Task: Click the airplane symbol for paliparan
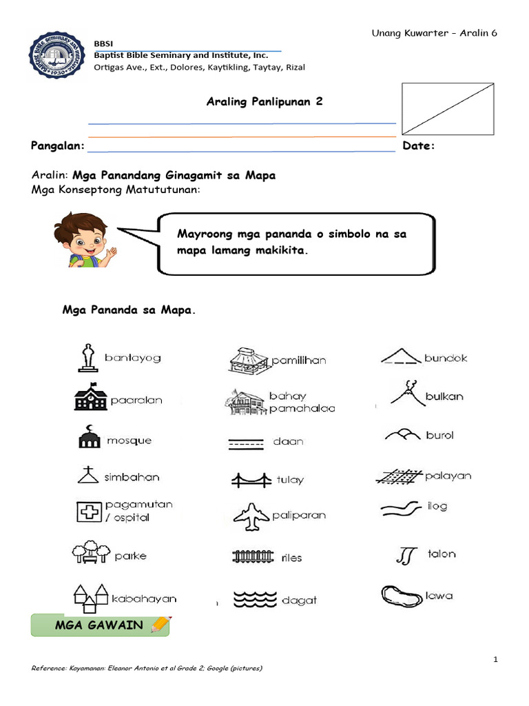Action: coord(251,516)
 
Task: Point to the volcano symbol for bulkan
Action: coord(404,394)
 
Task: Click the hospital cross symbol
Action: coord(88,512)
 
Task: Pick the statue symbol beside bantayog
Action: coord(87,357)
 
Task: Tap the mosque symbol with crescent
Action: coord(88,437)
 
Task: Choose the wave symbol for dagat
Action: coord(253,599)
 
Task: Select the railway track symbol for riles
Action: coord(253,556)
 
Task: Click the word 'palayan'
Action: coord(448,476)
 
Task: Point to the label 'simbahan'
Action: coord(132,477)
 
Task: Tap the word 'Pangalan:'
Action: coord(58,146)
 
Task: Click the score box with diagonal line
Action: coord(448,108)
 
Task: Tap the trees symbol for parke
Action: coord(90,554)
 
